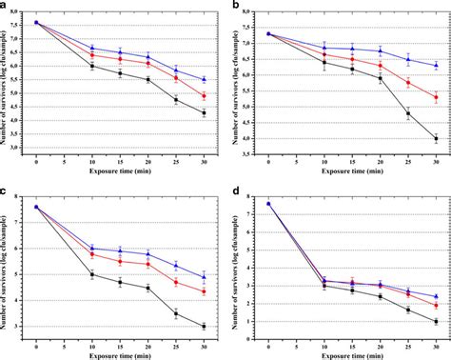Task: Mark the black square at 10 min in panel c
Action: click(x=92, y=274)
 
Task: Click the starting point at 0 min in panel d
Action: click(x=268, y=203)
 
